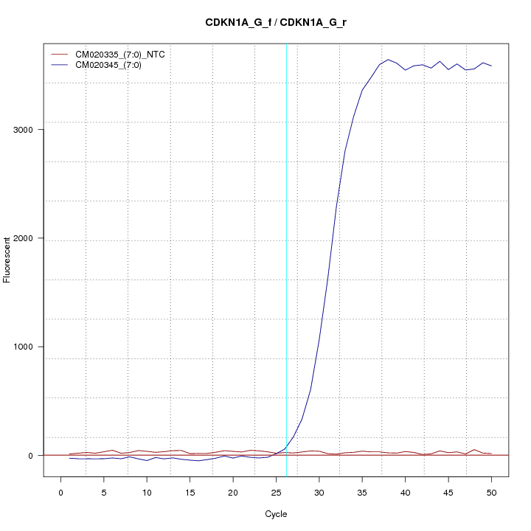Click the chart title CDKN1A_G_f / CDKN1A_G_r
click(276, 22)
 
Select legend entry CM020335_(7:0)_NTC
click(125, 55)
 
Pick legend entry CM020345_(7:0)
click(114, 65)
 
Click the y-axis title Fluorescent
click(8, 260)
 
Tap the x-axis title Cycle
click(276, 514)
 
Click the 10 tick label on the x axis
click(147, 493)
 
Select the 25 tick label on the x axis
click(276, 493)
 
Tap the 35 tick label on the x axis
click(362, 493)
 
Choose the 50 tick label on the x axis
click(491, 493)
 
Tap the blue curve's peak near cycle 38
click(388, 60)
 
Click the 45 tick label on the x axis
click(448, 493)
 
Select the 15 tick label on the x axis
click(190, 493)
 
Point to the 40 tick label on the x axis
click(405, 493)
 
